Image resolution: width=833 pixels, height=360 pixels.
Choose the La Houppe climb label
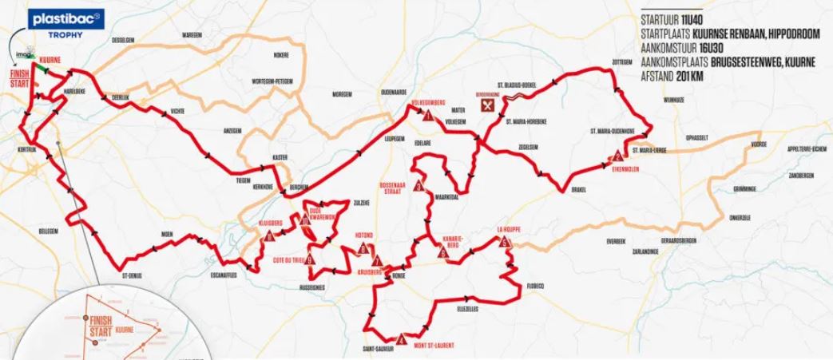[509, 228]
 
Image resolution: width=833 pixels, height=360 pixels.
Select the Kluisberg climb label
[272, 223]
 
